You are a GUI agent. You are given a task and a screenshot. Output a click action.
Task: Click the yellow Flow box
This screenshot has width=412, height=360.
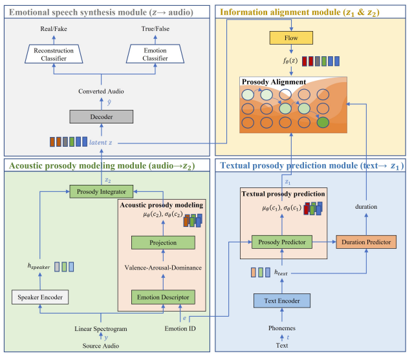tap(291, 38)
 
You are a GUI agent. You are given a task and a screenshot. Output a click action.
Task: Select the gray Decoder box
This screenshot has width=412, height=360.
tap(102, 116)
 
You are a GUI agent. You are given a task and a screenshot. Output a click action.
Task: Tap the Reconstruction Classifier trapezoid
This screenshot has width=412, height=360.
tap(54, 54)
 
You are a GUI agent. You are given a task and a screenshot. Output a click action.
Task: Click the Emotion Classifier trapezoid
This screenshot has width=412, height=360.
tap(155, 54)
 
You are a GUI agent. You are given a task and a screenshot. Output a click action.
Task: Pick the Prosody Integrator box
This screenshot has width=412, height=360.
tap(102, 191)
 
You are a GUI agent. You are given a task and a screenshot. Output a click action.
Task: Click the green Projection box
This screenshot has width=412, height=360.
tap(163, 242)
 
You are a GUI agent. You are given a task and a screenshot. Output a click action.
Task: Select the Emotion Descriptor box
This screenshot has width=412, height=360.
tap(163, 297)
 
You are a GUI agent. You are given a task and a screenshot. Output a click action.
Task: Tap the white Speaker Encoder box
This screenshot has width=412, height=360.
tap(40, 297)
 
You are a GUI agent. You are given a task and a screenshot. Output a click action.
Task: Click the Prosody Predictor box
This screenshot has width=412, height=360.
tap(282, 242)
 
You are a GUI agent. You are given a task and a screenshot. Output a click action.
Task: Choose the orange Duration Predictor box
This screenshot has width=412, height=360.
tap(366, 242)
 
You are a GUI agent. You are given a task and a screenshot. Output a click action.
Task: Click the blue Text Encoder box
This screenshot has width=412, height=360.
tap(282, 301)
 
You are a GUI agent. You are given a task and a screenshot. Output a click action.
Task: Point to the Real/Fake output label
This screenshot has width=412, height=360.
tap(54, 29)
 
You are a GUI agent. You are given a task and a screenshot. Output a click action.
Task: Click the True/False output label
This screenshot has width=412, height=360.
tap(155, 29)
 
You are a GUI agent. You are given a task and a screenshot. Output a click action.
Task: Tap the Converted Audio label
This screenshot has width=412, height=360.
tap(101, 91)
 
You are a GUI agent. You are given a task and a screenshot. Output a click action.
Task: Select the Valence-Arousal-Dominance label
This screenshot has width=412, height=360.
tap(163, 268)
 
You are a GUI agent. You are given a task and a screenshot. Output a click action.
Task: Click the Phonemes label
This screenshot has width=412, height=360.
tap(282, 328)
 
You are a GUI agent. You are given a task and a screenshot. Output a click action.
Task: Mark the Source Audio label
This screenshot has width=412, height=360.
tap(101, 346)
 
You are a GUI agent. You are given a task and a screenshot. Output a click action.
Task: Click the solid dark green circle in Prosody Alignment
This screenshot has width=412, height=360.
tap(323, 122)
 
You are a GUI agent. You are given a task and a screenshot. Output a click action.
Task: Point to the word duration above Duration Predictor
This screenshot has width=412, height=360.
tap(366, 207)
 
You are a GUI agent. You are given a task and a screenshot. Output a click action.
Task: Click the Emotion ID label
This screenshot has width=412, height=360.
tap(180, 328)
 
